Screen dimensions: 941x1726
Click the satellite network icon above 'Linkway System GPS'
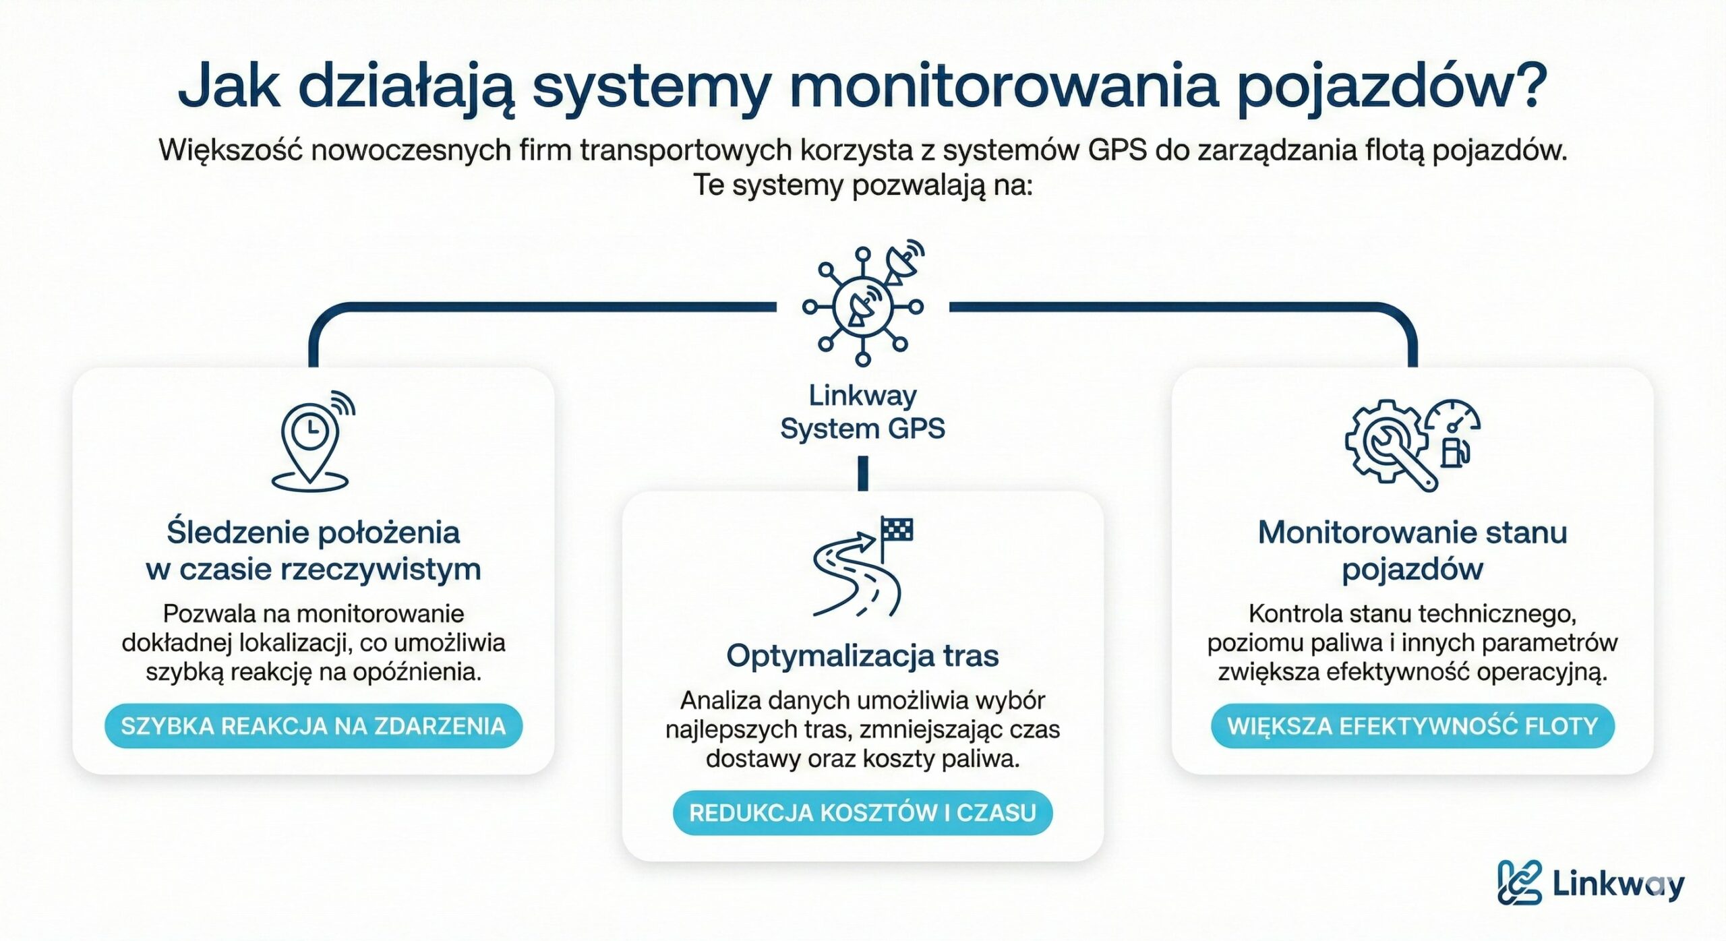pyautogui.click(x=863, y=307)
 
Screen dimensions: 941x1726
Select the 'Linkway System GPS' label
pyautogui.click(x=863, y=412)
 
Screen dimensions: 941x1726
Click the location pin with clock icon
pyautogui.click(x=311, y=442)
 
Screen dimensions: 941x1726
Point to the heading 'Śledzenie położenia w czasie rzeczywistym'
pyautogui.click(x=314, y=550)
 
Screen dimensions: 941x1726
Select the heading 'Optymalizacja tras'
pyautogui.click(x=862, y=655)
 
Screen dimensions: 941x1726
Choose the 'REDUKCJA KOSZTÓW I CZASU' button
pyautogui.click(x=862, y=812)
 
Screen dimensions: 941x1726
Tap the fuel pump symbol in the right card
pyautogui.click(x=1454, y=452)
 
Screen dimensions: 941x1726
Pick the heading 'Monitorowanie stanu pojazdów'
pyautogui.click(x=1412, y=550)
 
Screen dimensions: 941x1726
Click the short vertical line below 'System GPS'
pyautogui.click(x=863, y=473)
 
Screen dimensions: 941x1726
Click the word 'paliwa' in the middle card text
pyautogui.click(x=990, y=759)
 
